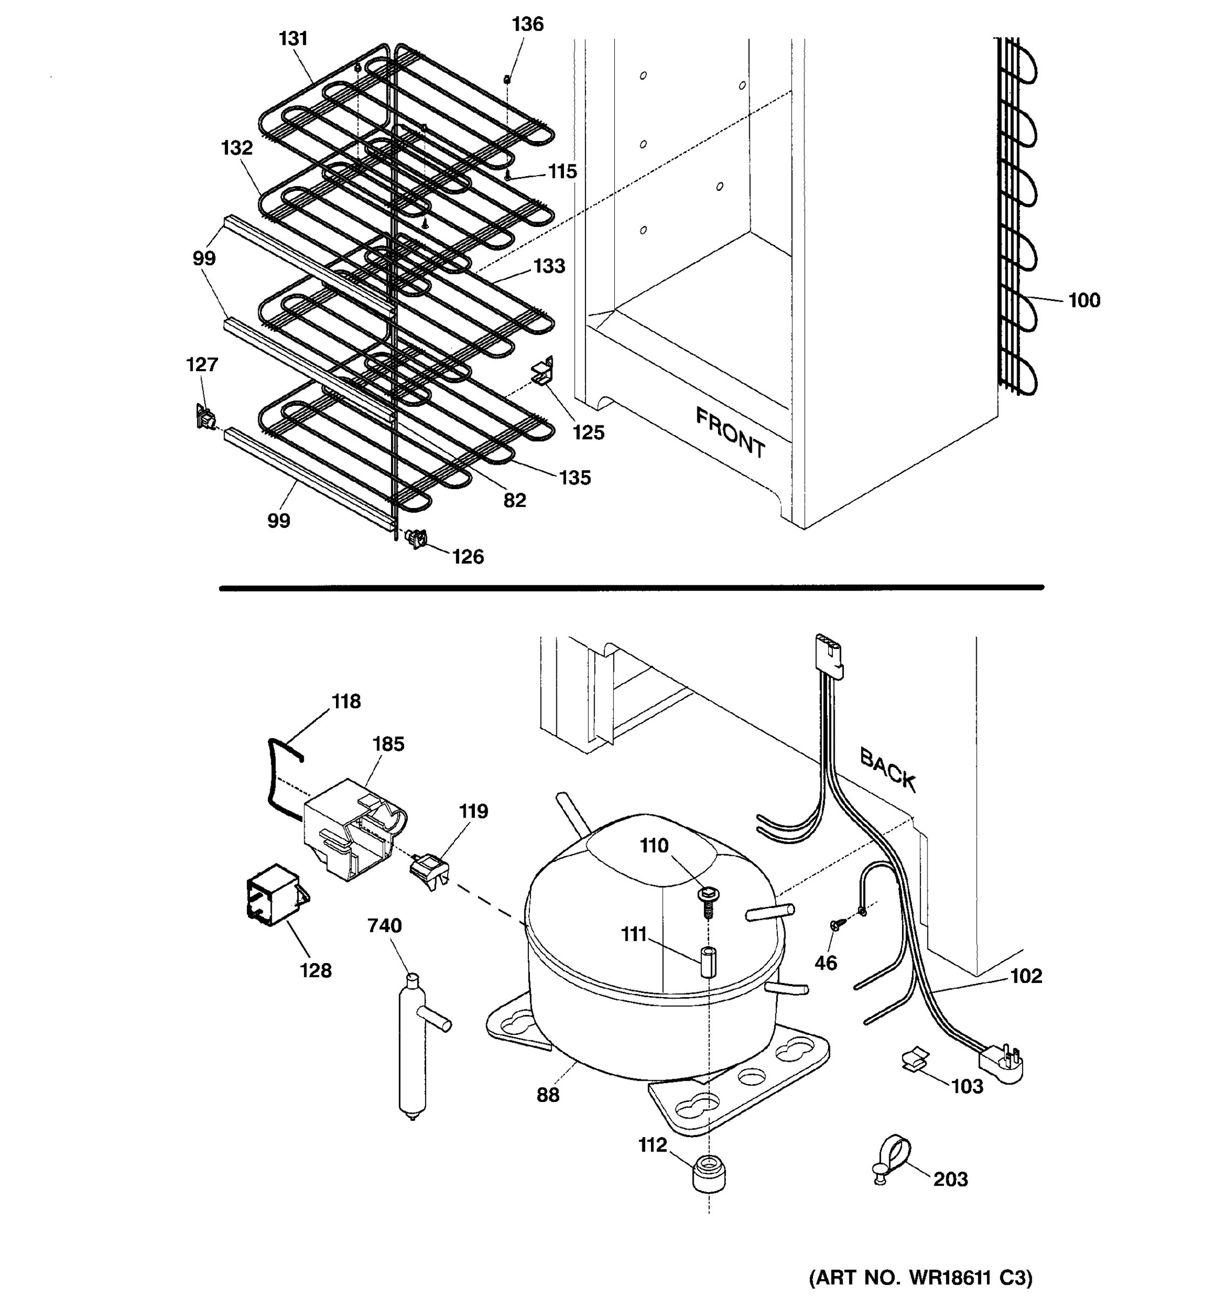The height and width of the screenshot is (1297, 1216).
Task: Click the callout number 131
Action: coord(293,39)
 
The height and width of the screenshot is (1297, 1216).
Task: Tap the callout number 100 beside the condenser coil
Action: coord(1084,301)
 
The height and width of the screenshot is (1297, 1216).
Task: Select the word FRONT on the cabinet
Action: coord(730,432)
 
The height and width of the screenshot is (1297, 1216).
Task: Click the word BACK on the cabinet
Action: coord(888,770)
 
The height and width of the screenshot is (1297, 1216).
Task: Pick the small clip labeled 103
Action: coord(914,1060)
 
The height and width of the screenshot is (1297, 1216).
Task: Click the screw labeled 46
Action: coord(837,925)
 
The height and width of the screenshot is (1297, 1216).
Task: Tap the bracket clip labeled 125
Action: coord(543,372)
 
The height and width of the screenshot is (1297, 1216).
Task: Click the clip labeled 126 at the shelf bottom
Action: coord(416,539)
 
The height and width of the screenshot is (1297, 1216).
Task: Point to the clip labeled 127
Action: coord(205,416)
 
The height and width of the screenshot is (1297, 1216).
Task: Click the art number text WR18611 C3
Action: coord(920,1277)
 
